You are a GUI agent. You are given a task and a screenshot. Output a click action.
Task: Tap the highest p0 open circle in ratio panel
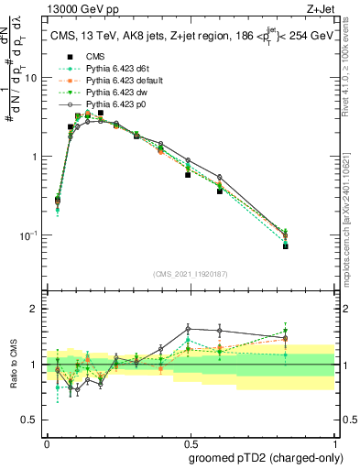pos(188,328)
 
